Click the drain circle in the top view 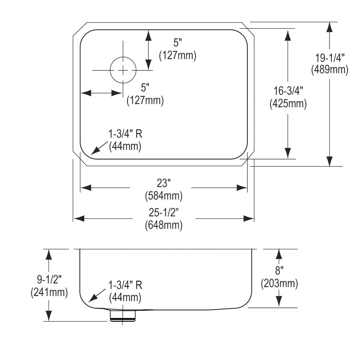pos(123,70)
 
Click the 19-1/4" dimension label pos(330,57)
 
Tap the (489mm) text pos(330,70)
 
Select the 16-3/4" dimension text pos(288,91)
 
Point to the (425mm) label pos(288,103)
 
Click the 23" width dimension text pos(164,183)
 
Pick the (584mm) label pos(164,196)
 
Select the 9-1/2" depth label pos(49,280)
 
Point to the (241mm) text pos(49,292)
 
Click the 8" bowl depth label pos(279,271)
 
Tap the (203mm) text pos(279,283)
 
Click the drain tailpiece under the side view pos(123,316)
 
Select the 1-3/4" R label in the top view pos(125,134)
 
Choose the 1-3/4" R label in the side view pos(125,285)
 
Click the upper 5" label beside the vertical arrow pos(178,43)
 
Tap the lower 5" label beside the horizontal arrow pos(145,88)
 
